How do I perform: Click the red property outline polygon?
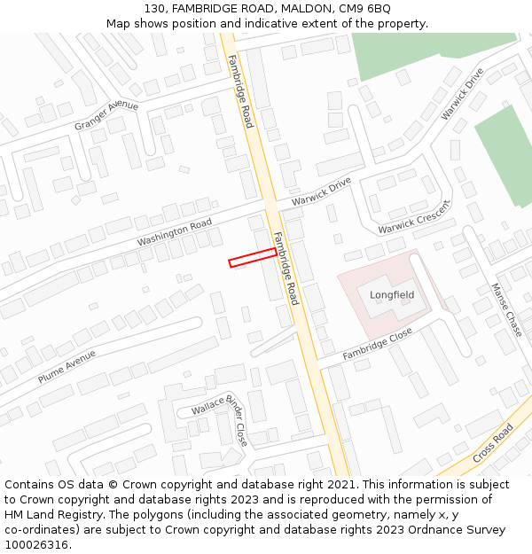click(x=253, y=257)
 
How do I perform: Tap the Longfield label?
click(x=392, y=294)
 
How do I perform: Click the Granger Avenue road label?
click(x=106, y=116)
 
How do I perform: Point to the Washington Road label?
click(x=175, y=232)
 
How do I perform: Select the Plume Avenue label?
click(x=66, y=366)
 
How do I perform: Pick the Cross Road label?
click(x=493, y=442)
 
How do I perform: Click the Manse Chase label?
click(x=507, y=309)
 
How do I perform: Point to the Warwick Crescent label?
click(x=414, y=217)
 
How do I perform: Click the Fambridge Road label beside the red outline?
click(x=286, y=269)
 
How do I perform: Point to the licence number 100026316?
click(x=36, y=544)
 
